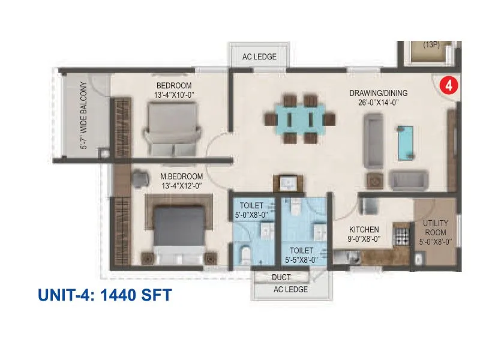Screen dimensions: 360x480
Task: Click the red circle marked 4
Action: click(x=448, y=85)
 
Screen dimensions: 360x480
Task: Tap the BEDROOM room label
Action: click(x=174, y=85)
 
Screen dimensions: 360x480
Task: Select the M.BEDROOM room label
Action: click(x=181, y=176)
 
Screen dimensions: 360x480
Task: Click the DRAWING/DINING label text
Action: click(x=379, y=93)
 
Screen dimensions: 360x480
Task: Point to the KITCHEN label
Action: click(x=364, y=229)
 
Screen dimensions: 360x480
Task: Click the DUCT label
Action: click(x=281, y=277)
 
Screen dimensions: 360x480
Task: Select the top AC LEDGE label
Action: click(x=259, y=57)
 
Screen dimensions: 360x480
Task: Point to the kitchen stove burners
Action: click(x=400, y=233)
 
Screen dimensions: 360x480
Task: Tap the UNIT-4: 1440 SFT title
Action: click(x=105, y=295)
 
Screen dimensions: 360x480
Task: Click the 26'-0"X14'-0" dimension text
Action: click(x=379, y=103)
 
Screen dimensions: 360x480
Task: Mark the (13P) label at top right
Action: click(x=430, y=44)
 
